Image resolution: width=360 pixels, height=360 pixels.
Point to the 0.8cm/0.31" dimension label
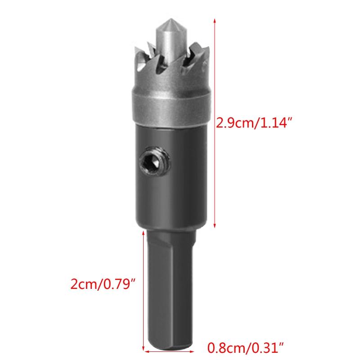click(246, 347)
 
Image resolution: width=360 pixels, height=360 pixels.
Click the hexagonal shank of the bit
click(171, 288)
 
